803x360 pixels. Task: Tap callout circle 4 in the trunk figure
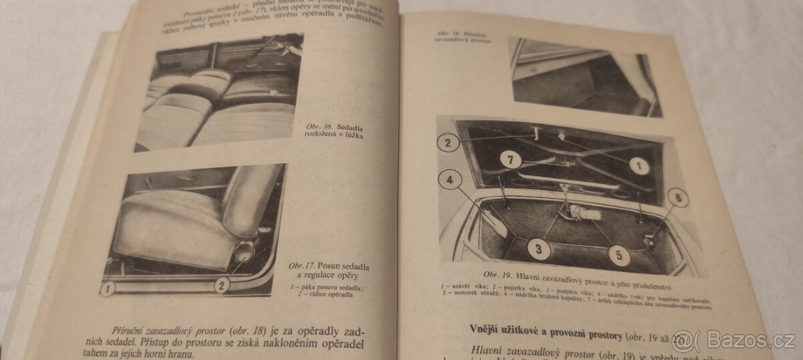(x=450, y=179)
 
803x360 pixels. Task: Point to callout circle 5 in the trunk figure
(x=618, y=254)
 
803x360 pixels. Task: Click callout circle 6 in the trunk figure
(x=677, y=197)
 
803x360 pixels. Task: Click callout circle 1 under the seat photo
(x=108, y=288)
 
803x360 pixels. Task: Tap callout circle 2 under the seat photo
(x=222, y=284)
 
